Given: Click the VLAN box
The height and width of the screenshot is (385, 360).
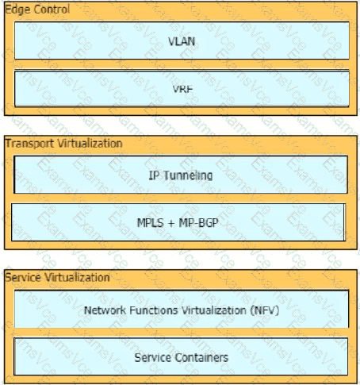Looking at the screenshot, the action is (182, 40).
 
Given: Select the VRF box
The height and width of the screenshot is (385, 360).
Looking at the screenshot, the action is (182, 89).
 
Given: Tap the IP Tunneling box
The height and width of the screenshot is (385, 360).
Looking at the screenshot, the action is (181, 175).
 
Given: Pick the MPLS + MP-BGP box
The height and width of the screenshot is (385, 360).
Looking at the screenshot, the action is (178, 222).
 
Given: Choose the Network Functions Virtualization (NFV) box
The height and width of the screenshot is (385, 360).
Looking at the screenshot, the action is (182, 310).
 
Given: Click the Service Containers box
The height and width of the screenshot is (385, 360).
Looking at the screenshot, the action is (181, 356).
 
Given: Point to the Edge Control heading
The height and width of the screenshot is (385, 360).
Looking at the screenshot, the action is (37, 10).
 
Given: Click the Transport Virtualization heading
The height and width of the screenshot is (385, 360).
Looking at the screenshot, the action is (63, 144).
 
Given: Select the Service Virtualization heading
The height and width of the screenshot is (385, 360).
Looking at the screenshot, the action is (57, 278).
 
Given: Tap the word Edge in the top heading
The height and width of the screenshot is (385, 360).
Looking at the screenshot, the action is (17, 10).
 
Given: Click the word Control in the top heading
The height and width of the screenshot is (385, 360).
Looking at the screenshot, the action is (52, 10).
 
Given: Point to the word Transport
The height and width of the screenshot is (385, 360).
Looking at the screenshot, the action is (29, 144).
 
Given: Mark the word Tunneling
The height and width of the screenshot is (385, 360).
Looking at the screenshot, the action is (188, 175).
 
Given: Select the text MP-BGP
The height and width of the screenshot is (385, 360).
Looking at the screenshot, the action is (198, 223).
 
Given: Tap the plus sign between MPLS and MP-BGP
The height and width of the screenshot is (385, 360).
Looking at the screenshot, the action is (171, 223).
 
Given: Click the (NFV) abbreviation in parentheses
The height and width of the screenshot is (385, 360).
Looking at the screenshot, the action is (265, 310).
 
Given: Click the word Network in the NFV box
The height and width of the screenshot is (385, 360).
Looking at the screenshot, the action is (105, 310).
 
